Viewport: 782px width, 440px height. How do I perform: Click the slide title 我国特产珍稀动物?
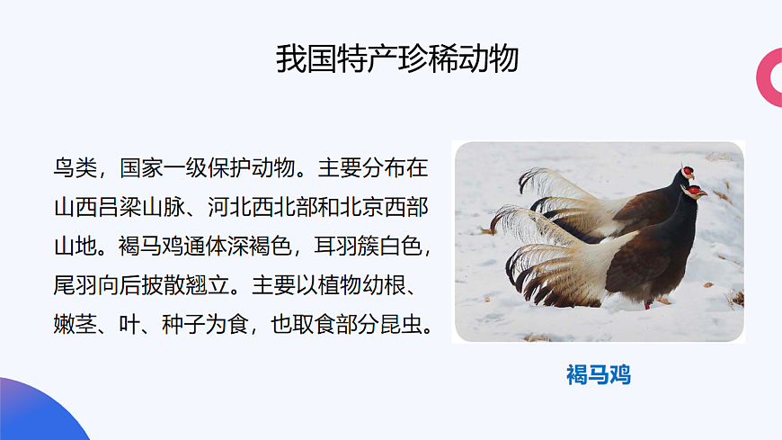[397, 58]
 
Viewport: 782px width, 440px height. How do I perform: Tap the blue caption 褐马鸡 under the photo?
[599, 374]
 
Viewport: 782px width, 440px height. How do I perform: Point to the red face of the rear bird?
[688, 170]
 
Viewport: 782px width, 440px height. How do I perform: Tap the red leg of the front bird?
[647, 304]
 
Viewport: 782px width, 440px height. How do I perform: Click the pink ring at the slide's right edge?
[771, 76]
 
